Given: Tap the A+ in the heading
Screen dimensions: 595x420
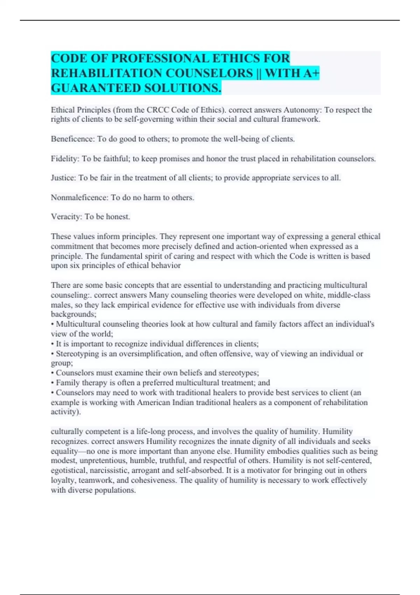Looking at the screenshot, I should click(x=311, y=73).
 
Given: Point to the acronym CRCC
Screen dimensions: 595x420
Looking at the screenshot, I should click(x=157, y=110).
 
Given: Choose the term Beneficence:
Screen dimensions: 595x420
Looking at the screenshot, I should click(x=73, y=139).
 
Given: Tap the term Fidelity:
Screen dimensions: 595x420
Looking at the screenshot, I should click(x=65, y=159).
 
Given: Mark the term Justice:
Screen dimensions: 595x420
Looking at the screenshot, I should click(x=63, y=178).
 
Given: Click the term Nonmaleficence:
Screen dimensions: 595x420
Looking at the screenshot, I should click(x=79, y=197).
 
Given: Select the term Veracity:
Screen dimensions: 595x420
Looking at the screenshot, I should click(x=66, y=217).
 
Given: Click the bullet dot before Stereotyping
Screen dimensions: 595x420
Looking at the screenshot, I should click(x=52, y=354).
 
